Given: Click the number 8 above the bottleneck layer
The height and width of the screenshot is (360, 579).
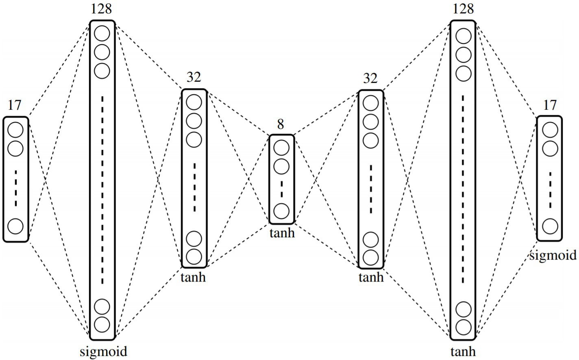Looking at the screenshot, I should click(x=281, y=124).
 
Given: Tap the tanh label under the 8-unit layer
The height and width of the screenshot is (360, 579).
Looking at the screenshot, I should click(x=282, y=233).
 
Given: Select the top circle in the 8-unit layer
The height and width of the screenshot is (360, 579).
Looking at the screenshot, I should click(x=281, y=148).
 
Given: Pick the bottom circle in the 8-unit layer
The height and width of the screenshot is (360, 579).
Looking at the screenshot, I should click(x=281, y=211).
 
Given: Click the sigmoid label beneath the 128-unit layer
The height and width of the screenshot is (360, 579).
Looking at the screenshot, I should click(x=103, y=351).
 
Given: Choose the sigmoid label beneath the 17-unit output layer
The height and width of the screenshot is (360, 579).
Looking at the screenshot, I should click(x=553, y=255).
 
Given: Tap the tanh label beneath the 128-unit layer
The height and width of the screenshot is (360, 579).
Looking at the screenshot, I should click(x=463, y=351).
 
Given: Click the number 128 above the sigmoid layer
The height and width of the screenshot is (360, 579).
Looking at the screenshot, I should click(x=101, y=9).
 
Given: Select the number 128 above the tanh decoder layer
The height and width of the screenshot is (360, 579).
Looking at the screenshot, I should click(x=463, y=9).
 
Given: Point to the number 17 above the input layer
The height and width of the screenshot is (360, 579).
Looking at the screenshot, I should click(x=14, y=105).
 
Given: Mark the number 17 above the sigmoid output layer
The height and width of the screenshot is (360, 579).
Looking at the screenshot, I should click(x=549, y=105).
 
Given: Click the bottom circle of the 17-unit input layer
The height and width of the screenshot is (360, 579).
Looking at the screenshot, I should click(x=16, y=226).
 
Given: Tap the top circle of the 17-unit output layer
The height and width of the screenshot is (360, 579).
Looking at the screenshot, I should click(x=550, y=130).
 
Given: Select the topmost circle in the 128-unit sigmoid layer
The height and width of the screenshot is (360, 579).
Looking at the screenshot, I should click(x=102, y=34).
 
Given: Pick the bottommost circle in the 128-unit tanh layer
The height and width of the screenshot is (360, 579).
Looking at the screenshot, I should click(x=463, y=327).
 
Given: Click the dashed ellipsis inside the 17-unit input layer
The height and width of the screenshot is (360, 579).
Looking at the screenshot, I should click(x=16, y=188).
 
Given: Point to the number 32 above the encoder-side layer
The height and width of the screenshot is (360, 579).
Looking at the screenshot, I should click(x=194, y=77).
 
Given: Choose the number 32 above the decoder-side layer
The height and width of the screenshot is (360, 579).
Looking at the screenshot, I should click(x=370, y=78).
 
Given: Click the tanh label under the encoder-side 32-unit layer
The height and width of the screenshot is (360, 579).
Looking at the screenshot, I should click(x=193, y=277).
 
